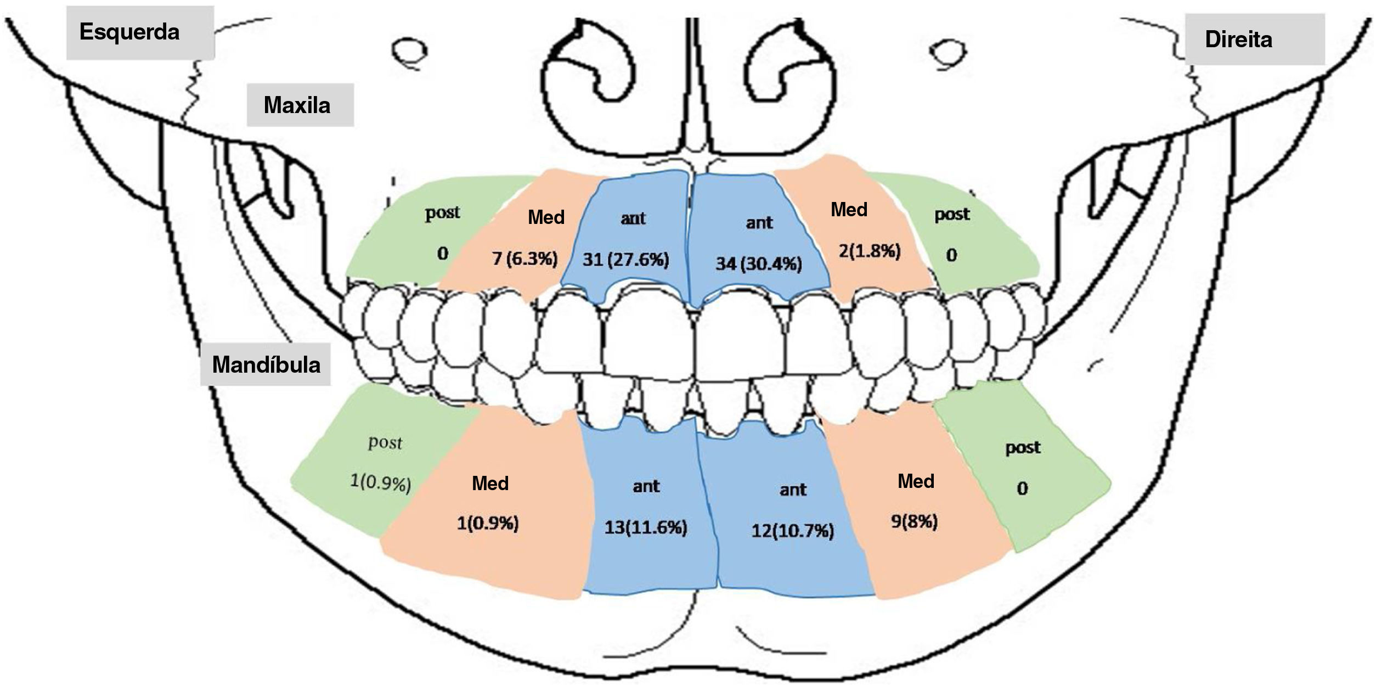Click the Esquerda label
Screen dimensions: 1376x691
(x=129, y=32)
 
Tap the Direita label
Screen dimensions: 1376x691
(x=1238, y=40)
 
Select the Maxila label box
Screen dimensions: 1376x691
(x=297, y=105)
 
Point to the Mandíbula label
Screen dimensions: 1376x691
(x=266, y=365)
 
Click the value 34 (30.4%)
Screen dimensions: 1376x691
(x=758, y=264)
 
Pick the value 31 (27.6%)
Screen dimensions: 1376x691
(x=625, y=259)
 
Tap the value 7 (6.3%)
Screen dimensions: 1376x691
(x=525, y=259)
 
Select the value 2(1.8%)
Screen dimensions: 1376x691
(x=870, y=251)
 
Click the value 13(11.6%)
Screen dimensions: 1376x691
(x=646, y=528)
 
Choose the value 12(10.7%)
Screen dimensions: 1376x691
(x=792, y=531)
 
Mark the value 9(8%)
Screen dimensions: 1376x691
(x=914, y=521)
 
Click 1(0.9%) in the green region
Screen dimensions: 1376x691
(x=380, y=483)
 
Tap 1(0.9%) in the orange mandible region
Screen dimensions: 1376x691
(x=488, y=524)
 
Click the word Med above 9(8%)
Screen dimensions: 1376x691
(x=916, y=482)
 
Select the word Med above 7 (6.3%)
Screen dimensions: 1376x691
(x=546, y=218)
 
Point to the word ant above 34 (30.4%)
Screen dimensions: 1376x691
(x=759, y=223)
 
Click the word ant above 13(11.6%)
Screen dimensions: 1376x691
(x=646, y=486)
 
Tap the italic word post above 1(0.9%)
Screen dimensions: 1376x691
(x=385, y=443)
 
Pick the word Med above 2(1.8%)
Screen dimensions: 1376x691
(x=849, y=210)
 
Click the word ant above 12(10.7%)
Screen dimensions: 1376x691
(x=793, y=490)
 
